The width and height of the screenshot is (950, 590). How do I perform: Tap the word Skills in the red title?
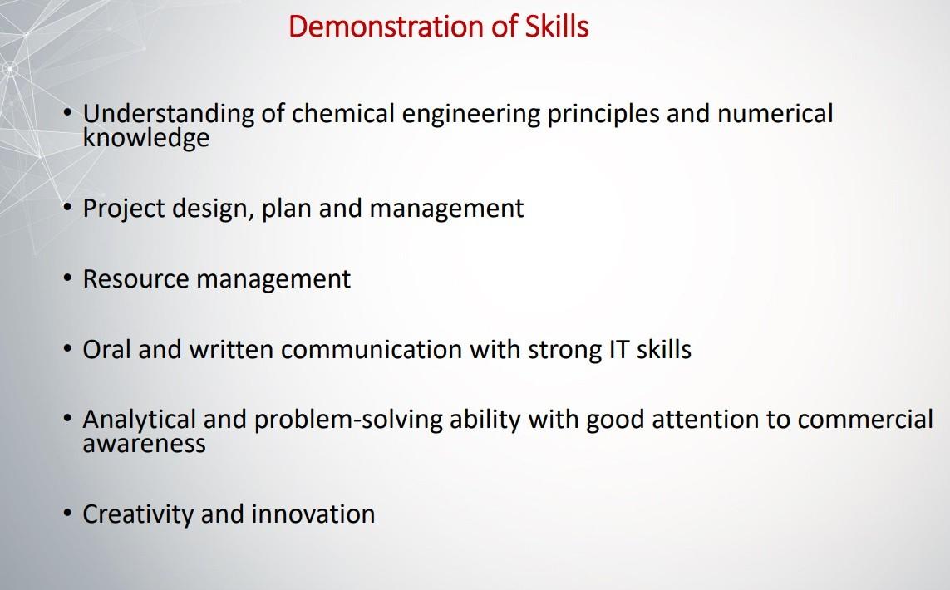coord(557,27)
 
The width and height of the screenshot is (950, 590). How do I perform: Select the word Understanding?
coord(169,115)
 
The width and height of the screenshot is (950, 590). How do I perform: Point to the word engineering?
coord(470,115)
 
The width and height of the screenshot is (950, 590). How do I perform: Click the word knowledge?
coord(146,137)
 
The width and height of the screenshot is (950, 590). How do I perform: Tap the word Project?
coord(124,209)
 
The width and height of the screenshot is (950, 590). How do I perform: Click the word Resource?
coord(136,278)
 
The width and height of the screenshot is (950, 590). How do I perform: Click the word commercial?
coord(865,419)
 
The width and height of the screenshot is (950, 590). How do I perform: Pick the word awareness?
coord(144,444)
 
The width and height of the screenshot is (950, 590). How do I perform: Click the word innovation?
coord(313,514)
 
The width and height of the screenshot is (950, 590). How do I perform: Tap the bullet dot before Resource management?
coord(67,279)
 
